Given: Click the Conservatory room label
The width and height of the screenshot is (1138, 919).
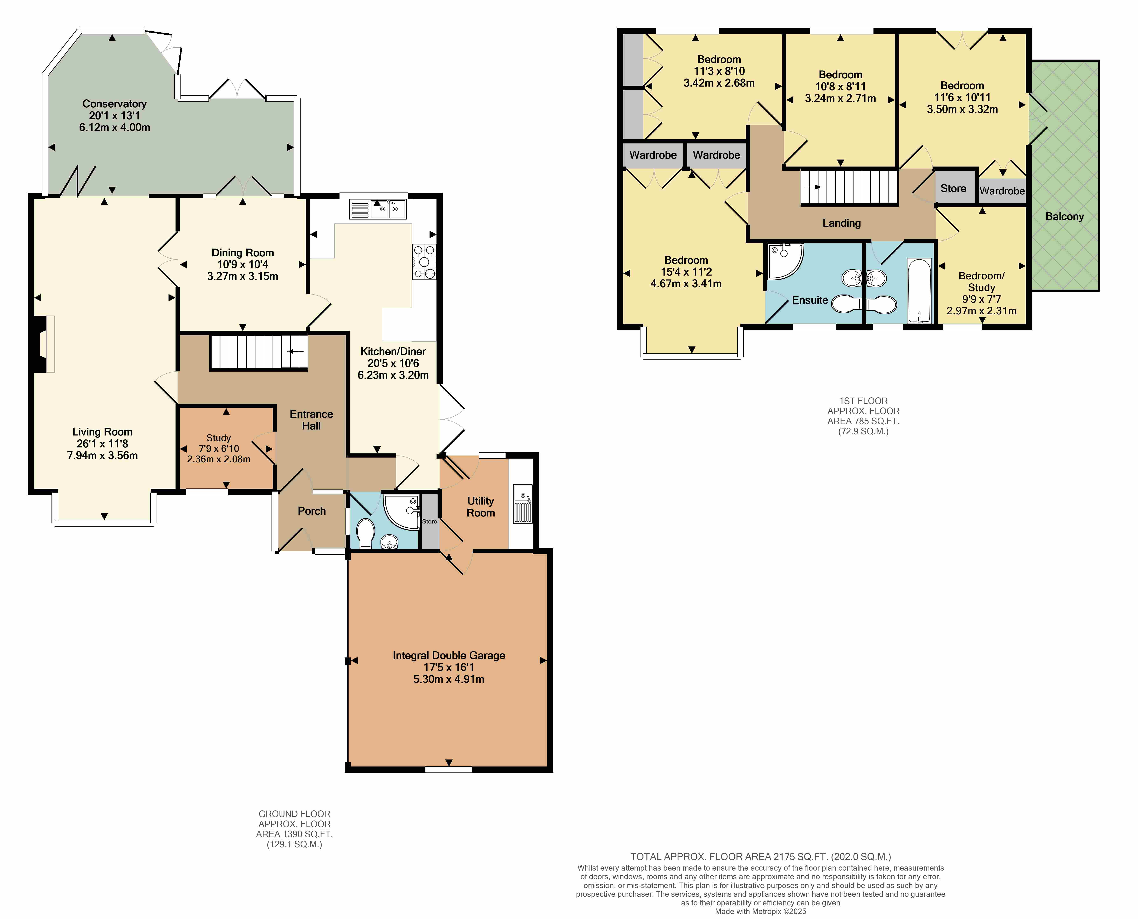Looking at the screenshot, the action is point(114,104).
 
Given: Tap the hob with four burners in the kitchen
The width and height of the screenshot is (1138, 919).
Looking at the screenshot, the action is point(424,262).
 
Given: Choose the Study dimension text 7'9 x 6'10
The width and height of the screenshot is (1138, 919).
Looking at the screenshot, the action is point(219,448).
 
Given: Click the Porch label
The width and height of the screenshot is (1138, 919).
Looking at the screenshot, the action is point(312,511).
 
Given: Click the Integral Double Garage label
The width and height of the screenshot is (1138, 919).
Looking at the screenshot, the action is point(449,655).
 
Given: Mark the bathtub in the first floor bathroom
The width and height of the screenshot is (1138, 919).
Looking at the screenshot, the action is point(919,291).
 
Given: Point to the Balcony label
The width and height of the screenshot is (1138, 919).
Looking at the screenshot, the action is point(1064,217).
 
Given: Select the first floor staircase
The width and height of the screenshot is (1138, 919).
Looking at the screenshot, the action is point(849,186).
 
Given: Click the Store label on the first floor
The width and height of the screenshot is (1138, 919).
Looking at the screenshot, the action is point(953,188).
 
